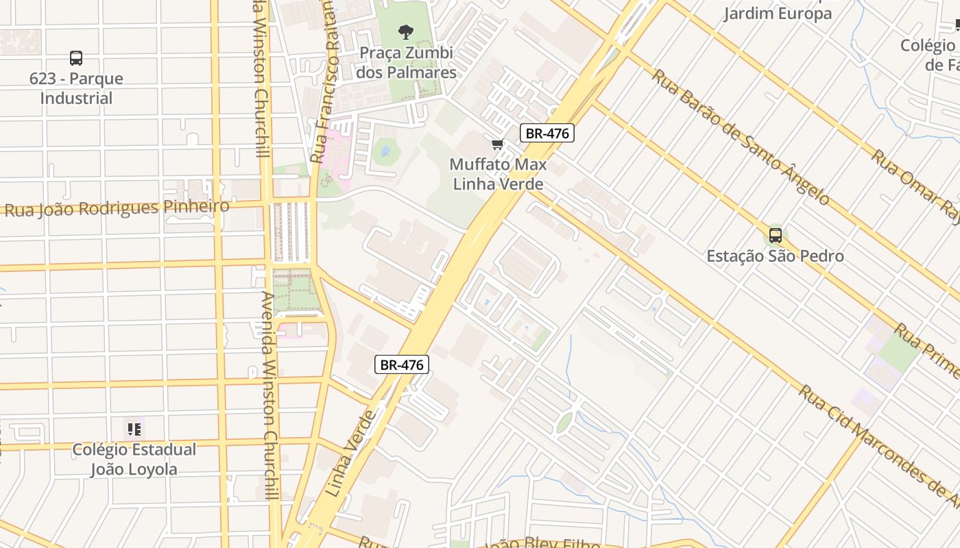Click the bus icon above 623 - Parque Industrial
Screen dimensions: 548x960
click(x=76, y=58)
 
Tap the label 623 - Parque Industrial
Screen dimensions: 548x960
click(x=76, y=88)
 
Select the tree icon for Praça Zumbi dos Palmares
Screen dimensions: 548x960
click(x=406, y=31)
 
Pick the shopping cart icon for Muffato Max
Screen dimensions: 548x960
click(x=498, y=144)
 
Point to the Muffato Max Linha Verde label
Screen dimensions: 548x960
click(x=499, y=174)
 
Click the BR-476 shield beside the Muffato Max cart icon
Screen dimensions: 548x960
click(x=547, y=133)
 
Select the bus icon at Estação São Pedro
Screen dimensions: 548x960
click(x=776, y=236)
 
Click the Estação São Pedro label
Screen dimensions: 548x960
click(x=776, y=256)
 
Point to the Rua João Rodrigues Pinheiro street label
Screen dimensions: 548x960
click(x=117, y=207)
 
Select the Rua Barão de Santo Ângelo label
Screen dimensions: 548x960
click(x=741, y=137)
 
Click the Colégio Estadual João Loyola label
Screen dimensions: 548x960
click(x=134, y=459)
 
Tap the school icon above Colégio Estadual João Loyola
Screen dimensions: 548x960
click(x=134, y=429)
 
